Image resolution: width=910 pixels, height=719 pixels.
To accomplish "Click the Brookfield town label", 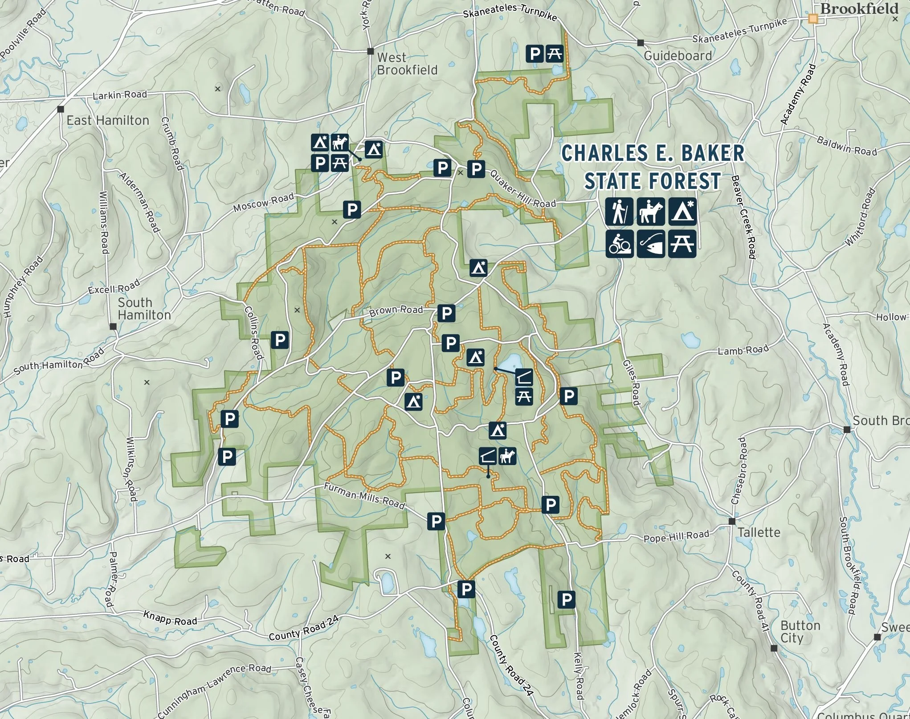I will point(859,9).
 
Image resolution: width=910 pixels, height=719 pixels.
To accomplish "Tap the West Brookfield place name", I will point(407,64).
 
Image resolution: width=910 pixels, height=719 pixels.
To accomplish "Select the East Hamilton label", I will point(108,120).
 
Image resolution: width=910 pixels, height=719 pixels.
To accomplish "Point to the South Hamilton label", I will point(143,309).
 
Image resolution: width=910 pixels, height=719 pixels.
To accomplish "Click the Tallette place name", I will point(759,532).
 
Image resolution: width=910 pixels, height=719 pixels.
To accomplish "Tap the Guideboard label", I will point(677,56).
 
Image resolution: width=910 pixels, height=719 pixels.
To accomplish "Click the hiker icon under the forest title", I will point(619,211).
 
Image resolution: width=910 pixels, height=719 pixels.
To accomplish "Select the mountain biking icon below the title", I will point(619,244).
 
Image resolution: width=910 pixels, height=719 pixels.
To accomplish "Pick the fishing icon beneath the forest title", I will point(650,244).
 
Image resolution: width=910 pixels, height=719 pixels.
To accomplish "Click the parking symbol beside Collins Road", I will point(280,340).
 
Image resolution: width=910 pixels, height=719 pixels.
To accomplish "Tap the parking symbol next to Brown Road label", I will point(446,313).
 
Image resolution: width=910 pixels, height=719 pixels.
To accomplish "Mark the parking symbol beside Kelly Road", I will point(566,599).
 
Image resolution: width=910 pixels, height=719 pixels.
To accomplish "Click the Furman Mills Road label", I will point(364,496).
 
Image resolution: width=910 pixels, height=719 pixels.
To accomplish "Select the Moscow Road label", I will point(264,202).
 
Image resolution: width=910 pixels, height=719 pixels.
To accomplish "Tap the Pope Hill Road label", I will point(676,537).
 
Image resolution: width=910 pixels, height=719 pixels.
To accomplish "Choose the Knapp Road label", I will point(170,618).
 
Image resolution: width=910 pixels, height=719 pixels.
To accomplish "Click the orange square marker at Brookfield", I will point(813,19).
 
